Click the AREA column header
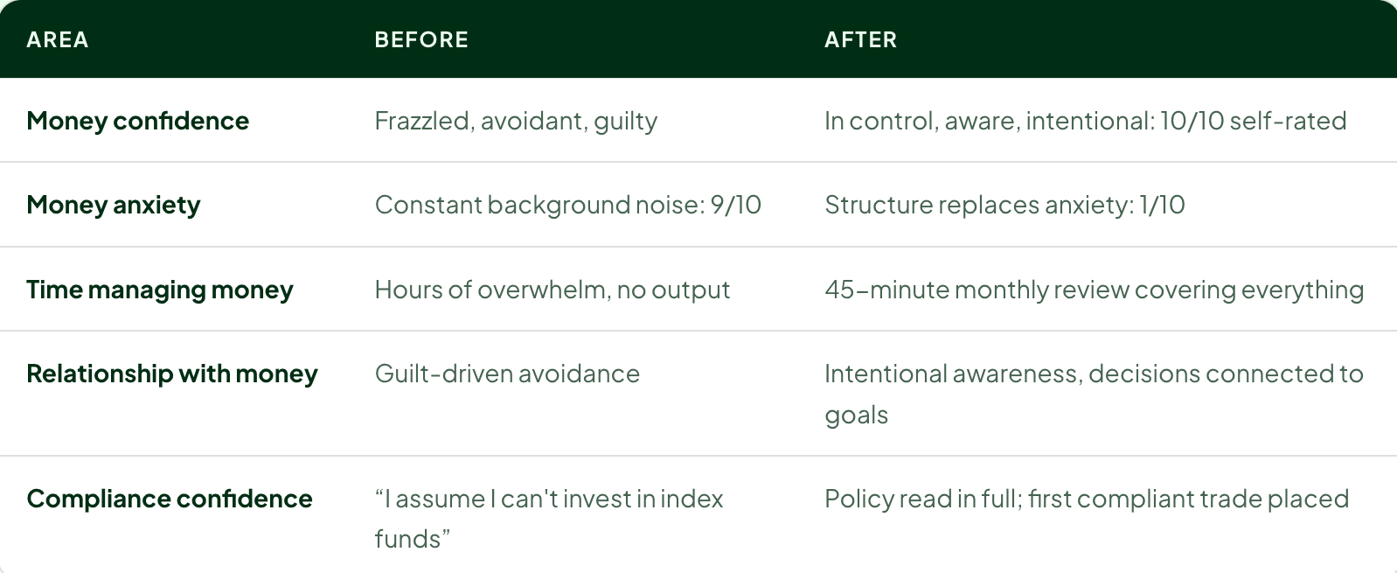(x=58, y=40)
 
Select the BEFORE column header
(x=421, y=40)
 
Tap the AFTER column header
(x=860, y=40)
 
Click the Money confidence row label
(x=138, y=121)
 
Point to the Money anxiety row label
(x=114, y=205)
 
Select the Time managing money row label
(x=160, y=290)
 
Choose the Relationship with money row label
(x=172, y=374)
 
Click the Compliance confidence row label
(x=170, y=499)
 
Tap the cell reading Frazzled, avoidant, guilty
(x=516, y=121)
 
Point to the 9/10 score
(x=736, y=205)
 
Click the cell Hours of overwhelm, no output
(x=552, y=290)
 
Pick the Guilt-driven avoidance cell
(x=507, y=374)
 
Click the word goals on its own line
(x=856, y=416)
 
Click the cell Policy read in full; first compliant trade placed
(x=1087, y=499)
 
